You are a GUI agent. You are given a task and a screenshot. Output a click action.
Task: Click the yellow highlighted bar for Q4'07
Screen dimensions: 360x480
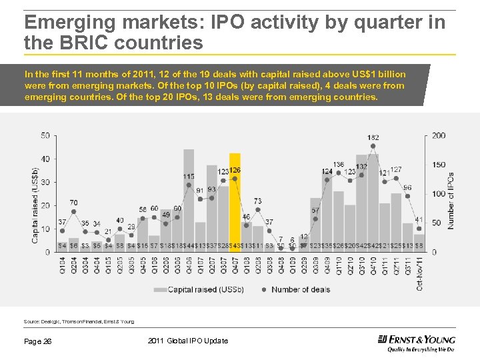[235, 200]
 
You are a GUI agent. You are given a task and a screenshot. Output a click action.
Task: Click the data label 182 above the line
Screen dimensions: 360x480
[373, 137]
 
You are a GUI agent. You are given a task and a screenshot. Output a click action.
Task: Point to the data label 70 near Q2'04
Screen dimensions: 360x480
[73, 203]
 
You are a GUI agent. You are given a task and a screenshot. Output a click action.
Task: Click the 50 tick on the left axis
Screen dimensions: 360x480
[45, 135]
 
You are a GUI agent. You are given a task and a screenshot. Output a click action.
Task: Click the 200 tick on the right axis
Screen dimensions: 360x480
[438, 135]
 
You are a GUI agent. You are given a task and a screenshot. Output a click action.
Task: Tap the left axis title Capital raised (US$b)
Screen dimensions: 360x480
[35, 194]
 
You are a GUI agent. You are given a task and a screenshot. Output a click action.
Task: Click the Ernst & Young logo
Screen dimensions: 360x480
[416, 341]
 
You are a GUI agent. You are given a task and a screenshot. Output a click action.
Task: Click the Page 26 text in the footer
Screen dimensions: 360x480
[39, 341]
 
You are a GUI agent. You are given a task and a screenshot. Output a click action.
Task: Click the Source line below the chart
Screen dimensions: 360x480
[79, 321]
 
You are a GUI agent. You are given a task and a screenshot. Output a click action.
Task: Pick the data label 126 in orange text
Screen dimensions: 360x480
[235, 171]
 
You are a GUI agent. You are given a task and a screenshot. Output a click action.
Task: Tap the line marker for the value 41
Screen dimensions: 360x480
[419, 228]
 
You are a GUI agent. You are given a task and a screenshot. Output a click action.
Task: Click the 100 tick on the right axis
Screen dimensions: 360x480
[438, 194]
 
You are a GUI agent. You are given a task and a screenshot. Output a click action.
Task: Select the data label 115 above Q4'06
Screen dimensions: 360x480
[189, 177]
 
